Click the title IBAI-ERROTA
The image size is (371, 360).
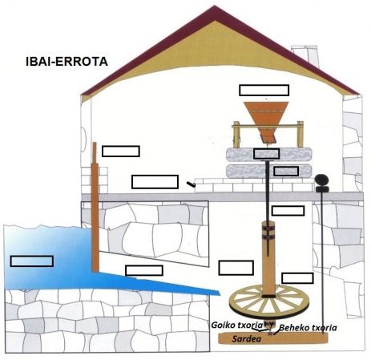67,62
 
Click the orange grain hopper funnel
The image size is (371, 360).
266,120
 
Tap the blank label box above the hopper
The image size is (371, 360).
264,91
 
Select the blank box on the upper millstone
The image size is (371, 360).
267,154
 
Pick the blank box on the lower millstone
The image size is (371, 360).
286,171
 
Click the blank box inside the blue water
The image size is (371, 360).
32,261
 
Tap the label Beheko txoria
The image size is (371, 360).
308,328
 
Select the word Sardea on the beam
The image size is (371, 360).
246,339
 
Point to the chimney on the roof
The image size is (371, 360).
305,55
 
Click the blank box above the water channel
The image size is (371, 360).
144,270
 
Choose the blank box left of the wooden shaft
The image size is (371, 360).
236,268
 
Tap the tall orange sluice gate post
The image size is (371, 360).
95,207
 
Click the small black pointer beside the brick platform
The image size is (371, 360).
192,184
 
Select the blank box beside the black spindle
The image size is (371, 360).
288,211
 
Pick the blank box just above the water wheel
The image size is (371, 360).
297,278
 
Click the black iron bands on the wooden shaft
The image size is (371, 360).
268,233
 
